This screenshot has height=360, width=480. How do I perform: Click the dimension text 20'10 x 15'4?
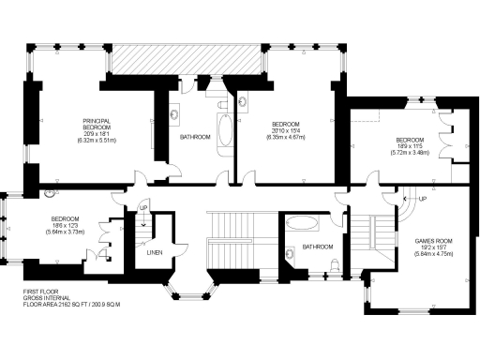(286, 131)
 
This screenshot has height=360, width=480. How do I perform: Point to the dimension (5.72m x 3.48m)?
(409, 152)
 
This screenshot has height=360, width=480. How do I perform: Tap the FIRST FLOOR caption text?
(41, 292)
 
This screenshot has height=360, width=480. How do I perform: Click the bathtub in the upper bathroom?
(224, 133)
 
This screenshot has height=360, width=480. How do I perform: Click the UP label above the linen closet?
(142, 208)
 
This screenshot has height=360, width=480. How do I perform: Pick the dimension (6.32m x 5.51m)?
(97, 139)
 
